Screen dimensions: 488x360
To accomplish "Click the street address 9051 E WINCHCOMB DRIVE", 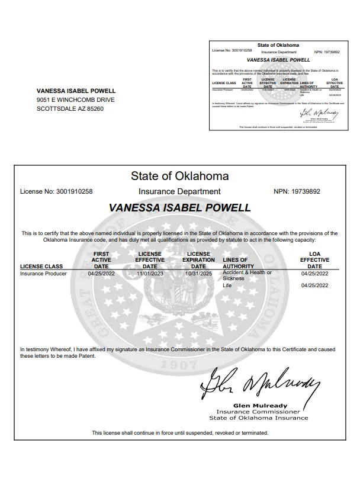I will [75, 99].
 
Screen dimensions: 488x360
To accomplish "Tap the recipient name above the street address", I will [76, 91].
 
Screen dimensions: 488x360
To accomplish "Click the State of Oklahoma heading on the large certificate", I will [179, 176].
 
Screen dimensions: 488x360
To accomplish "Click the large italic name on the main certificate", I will [180, 208].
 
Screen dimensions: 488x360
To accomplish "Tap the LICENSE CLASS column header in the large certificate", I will [41, 267].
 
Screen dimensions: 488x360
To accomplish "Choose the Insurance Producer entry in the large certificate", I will [43, 274].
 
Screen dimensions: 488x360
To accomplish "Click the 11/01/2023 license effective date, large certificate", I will [150, 274].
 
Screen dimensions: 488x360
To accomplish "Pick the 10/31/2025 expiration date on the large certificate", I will [198, 274].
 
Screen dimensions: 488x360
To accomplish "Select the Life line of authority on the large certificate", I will [227, 285].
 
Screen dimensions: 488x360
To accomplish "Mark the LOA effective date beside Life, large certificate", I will [314, 285].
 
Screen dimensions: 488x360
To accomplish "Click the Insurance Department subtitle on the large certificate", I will [179, 191].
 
